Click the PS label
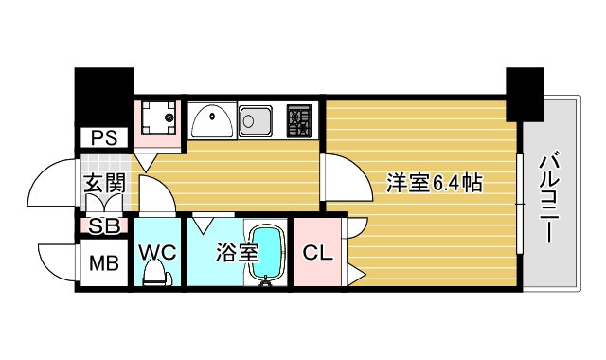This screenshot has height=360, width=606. tap(104, 137)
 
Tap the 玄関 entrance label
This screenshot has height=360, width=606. tap(104, 184)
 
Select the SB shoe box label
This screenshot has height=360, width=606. tap(103, 226)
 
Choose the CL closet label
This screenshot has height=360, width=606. tap(317, 253)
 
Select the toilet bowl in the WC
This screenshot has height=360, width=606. tap(155, 274)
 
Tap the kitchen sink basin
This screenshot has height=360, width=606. tap(257, 120)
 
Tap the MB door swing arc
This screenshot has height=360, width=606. tap(55, 261)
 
